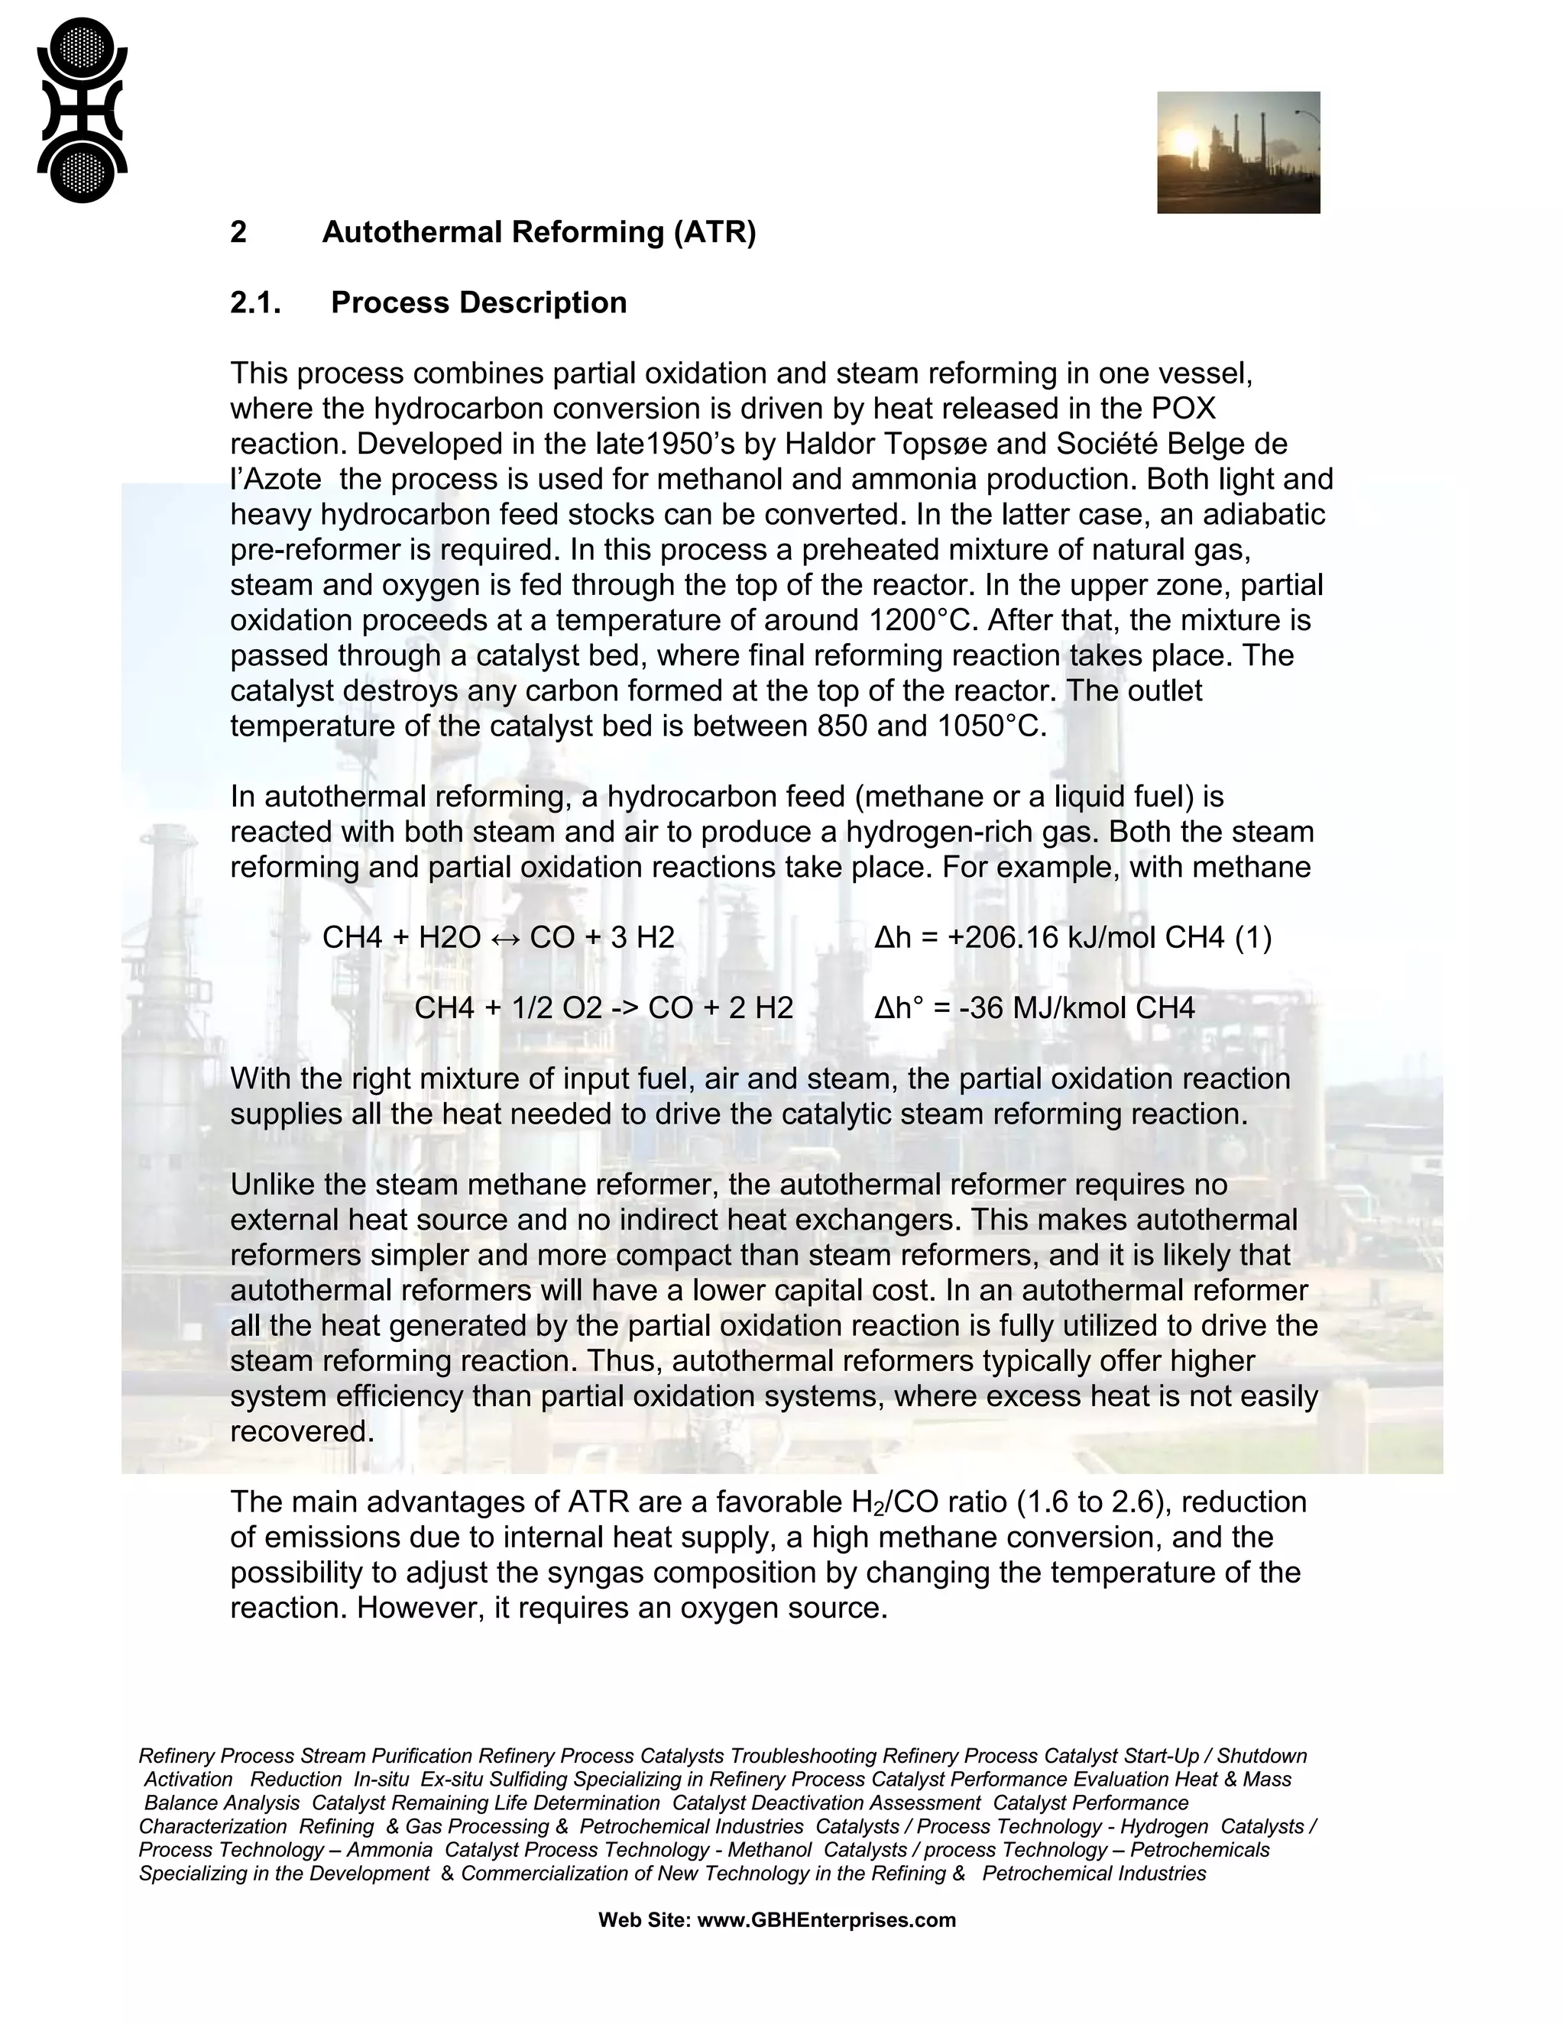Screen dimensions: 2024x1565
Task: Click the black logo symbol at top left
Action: (82, 109)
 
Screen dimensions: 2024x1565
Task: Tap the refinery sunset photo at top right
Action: (1238, 152)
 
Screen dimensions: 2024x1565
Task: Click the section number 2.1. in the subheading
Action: (256, 303)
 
